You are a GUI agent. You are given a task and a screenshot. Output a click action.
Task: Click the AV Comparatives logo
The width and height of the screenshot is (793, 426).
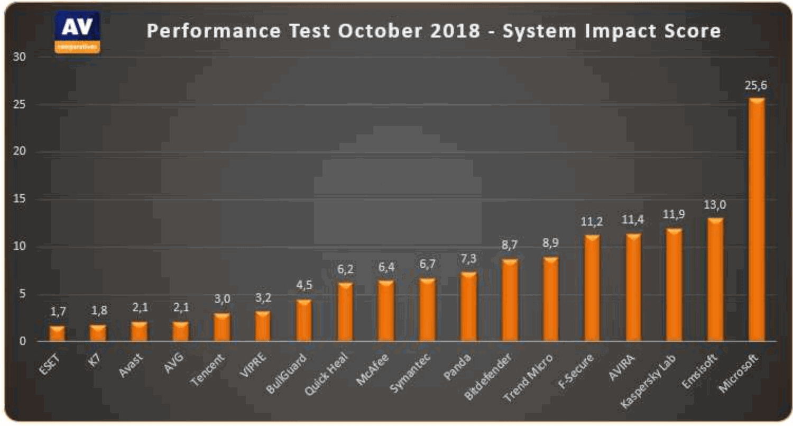[77, 32]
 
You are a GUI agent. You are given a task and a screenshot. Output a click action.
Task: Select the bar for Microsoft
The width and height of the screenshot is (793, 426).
[757, 220]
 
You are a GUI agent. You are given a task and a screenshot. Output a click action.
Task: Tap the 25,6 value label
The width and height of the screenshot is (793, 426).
[757, 86]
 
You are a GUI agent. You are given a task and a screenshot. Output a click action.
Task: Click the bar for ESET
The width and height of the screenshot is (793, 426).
[57, 333]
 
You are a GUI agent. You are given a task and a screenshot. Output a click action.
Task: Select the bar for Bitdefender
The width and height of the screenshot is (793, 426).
[510, 300]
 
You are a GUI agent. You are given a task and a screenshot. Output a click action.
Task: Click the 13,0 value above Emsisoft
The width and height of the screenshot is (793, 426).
[715, 205]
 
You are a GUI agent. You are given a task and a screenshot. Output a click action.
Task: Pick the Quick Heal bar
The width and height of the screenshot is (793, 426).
[345, 312]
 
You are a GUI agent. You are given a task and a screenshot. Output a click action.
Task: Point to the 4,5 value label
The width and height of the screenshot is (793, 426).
[303, 286]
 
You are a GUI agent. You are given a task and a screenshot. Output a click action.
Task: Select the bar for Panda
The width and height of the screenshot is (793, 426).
[468, 306]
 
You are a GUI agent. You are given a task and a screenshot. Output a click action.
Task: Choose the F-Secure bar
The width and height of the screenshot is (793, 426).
[592, 288]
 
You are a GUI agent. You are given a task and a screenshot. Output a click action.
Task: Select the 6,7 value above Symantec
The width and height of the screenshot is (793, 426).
[427, 266]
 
